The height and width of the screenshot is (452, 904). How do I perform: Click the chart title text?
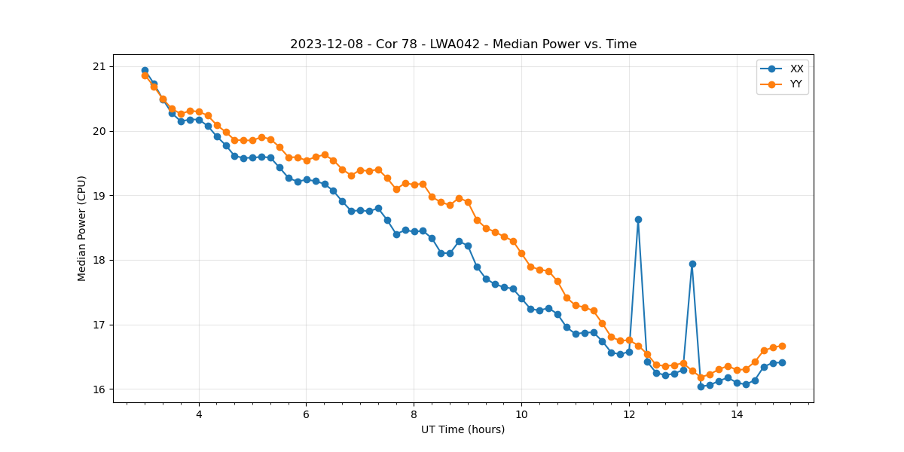pos(463,44)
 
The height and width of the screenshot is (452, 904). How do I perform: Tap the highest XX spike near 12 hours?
pos(638,219)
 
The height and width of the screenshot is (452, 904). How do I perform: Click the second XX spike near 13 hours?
pos(692,264)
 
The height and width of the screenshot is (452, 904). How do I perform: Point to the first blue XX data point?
pos(145,70)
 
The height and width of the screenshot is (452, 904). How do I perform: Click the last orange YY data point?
pos(782,346)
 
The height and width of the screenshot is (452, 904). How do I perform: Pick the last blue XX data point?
pos(782,362)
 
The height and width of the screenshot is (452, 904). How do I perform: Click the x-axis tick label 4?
pos(199,414)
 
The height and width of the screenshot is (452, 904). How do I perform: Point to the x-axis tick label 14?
pos(737,414)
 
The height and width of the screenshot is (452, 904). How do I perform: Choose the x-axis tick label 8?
pos(414,414)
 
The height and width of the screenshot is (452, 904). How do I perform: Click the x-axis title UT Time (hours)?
pos(463,429)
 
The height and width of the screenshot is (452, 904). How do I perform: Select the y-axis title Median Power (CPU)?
pos(82,228)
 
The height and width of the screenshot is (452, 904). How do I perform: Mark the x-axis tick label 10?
pos(521,414)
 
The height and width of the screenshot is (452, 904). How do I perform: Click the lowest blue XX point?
pos(701,386)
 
